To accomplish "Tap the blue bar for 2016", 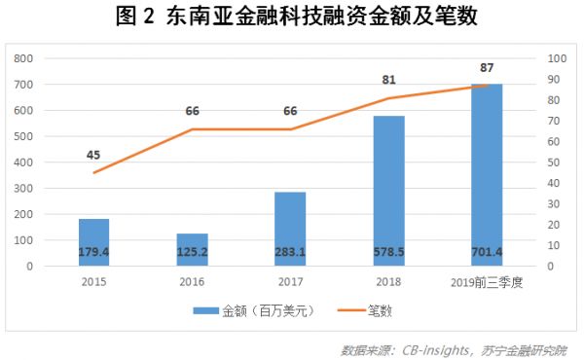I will click(193, 249).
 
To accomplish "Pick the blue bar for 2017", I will click(290, 229).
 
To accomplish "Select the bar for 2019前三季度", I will click(487, 175).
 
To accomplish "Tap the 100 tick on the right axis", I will click(556, 58).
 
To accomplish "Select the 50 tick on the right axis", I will click(553, 162).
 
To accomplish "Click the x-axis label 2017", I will click(290, 281).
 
